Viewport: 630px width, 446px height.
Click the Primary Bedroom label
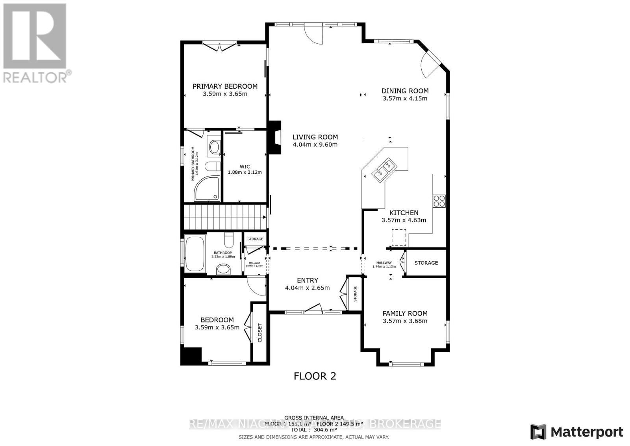[x=225, y=86]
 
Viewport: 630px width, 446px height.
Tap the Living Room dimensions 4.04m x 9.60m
[x=315, y=145]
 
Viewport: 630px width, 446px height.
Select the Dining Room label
[x=405, y=91]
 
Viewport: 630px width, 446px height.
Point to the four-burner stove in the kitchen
[x=439, y=201]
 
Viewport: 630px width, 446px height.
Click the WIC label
[x=245, y=167]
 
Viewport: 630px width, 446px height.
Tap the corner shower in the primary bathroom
[x=206, y=189]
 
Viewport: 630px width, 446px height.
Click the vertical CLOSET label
[x=259, y=333]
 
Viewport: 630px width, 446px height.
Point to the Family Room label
[x=405, y=313]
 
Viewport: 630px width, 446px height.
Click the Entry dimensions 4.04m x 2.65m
[x=307, y=288]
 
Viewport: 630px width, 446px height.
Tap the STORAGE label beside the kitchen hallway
[x=426, y=263]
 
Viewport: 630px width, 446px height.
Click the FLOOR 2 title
[x=315, y=376]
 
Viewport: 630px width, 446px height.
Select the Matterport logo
[x=576, y=432]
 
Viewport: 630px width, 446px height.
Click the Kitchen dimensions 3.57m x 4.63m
[x=404, y=220]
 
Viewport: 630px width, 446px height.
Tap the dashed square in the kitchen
[x=398, y=238]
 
